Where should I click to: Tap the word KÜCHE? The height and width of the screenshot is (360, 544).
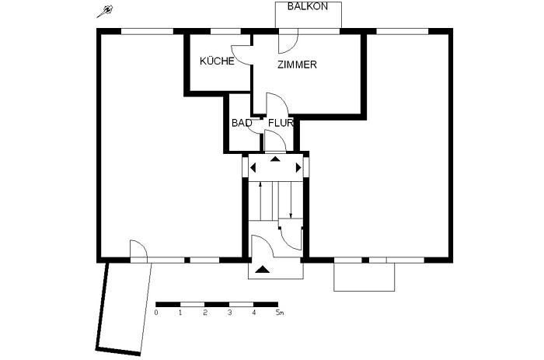tap(217, 61)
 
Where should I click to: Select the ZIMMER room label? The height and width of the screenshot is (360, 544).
tap(297, 65)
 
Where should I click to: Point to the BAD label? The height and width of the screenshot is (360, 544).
tap(241, 123)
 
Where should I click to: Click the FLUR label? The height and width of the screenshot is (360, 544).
tap(280, 123)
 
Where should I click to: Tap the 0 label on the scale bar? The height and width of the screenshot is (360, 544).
tap(156, 313)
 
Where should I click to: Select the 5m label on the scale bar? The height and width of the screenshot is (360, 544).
tap(280, 313)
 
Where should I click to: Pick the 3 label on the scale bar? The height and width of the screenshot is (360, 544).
tap(229, 313)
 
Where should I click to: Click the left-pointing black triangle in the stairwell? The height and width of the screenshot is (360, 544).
tap(253, 167)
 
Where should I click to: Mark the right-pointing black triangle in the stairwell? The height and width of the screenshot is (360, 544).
tap(298, 167)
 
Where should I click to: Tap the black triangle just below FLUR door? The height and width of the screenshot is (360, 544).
tap(275, 159)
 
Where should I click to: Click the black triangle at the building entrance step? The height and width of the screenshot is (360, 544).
tap(263, 269)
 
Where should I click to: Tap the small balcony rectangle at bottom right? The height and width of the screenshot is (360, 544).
tap(364, 276)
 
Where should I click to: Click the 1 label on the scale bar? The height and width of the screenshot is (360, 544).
tap(180, 313)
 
